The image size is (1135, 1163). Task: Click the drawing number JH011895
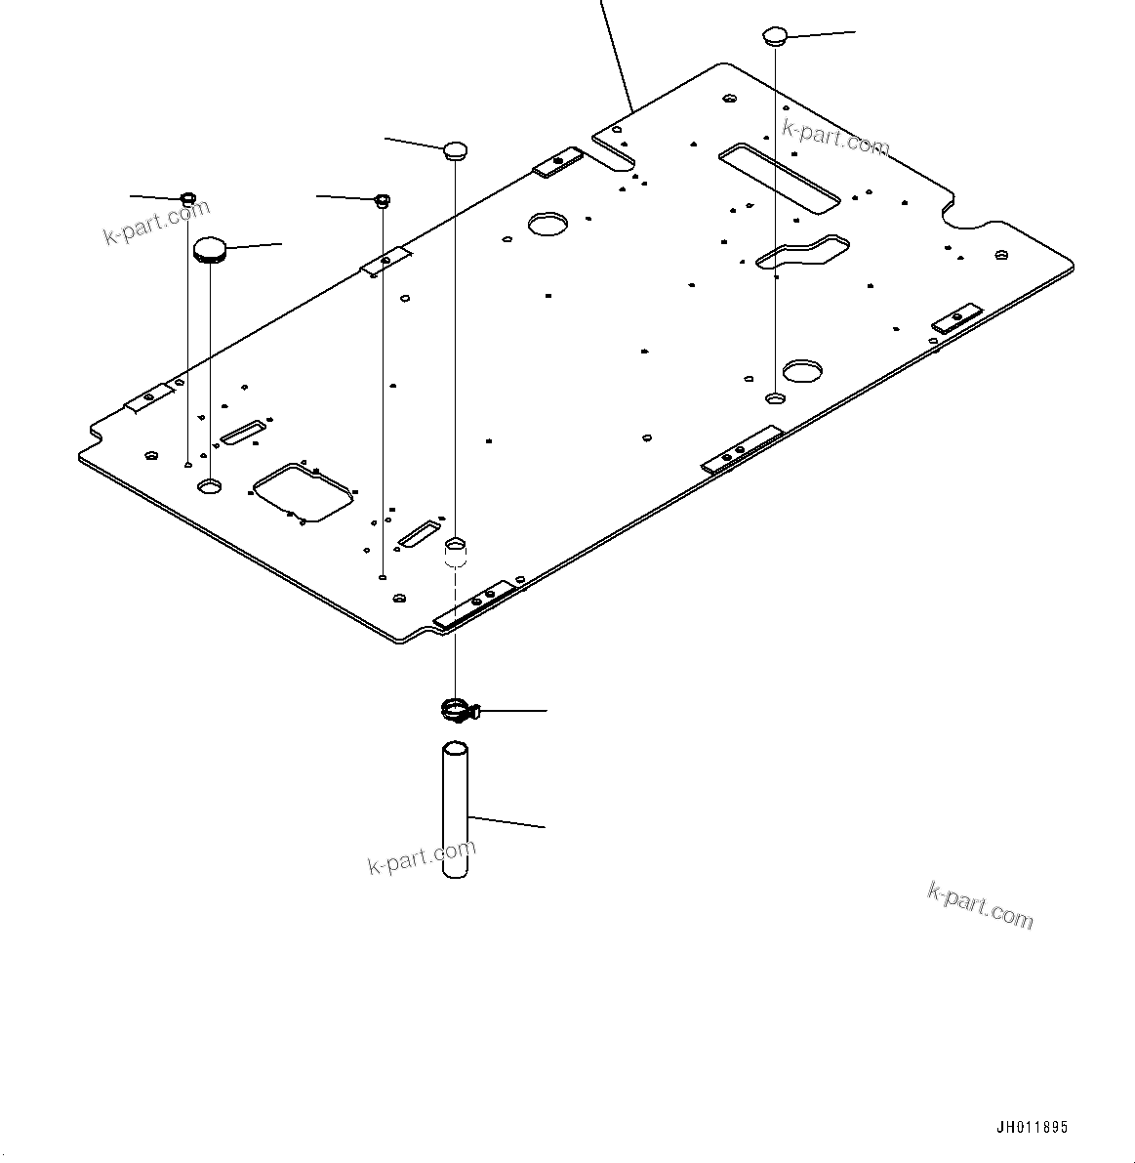(1032, 1127)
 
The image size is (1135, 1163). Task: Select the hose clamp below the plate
(455, 710)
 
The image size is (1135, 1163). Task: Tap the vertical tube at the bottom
(456, 810)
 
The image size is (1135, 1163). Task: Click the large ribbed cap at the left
(210, 249)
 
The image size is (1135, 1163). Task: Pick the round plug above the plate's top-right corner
(774, 36)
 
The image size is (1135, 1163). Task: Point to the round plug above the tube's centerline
(456, 149)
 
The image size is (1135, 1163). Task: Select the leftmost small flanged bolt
(188, 200)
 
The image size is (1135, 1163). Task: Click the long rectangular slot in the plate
(779, 177)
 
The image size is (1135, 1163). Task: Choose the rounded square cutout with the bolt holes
(303, 491)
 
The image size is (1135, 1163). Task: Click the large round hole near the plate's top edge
(548, 224)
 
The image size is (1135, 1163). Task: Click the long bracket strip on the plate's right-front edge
(742, 449)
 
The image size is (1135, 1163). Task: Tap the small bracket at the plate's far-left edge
(148, 396)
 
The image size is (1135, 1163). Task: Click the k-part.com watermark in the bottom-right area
(980, 906)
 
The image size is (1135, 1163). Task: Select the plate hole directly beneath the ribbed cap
(210, 485)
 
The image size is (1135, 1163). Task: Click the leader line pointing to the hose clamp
(512, 711)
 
